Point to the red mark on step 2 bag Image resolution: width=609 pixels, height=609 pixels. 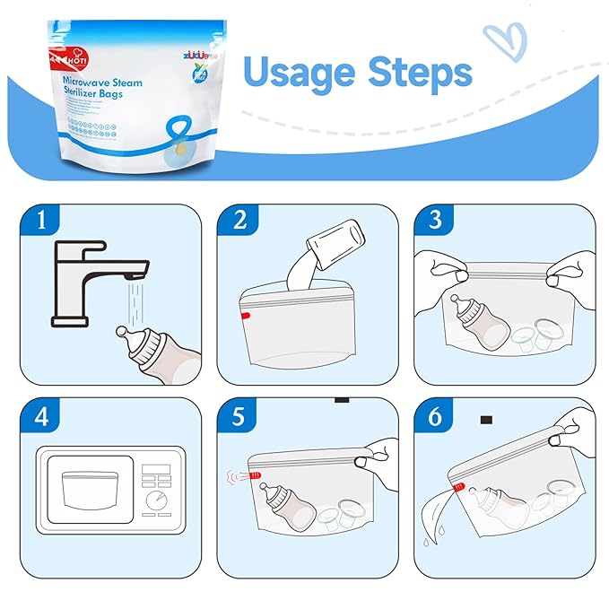(245, 317)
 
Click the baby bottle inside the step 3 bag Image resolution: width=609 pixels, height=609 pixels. (473, 323)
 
